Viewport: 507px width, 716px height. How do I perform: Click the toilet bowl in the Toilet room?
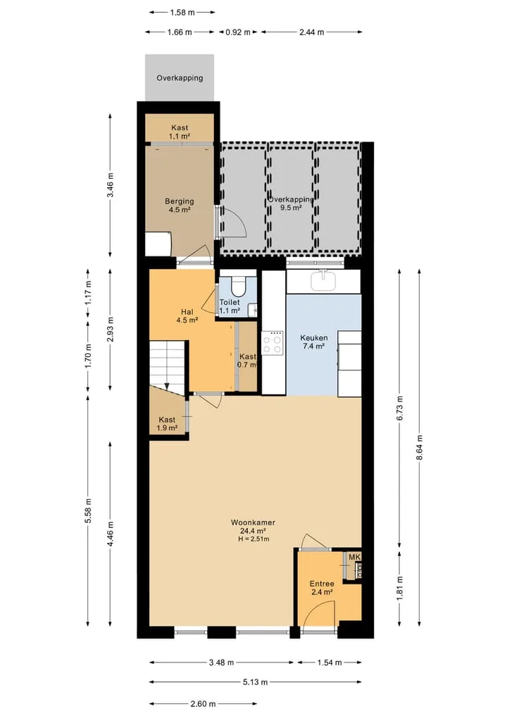pos(238,285)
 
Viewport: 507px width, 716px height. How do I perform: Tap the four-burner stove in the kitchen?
pos(273,344)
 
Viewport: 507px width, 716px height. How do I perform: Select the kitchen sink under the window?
pos(323,280)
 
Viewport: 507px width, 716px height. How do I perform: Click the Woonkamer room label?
pos(253,522)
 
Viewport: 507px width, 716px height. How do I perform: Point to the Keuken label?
pos(314,338)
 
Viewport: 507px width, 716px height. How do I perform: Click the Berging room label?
pos(180,201)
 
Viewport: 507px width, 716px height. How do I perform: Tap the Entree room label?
pos(322,584)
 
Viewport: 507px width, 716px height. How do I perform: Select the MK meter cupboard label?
pos(355,557)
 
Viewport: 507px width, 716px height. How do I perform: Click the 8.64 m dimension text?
pos(420,448)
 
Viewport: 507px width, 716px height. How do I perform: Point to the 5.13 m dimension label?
pos(255,682)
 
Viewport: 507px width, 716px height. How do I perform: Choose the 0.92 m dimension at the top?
pos(238,32)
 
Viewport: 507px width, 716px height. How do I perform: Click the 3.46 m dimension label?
pos(110,185)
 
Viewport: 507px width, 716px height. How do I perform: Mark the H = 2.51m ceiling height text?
pos(254,539)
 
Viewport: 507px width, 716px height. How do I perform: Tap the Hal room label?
pos(187,313)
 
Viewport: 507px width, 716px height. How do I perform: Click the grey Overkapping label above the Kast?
pos(180,78)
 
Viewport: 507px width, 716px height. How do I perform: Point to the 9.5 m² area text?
pos(291,208)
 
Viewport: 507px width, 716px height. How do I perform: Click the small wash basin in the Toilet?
pos(253,310)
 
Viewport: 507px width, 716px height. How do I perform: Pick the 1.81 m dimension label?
pos(400,588)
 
